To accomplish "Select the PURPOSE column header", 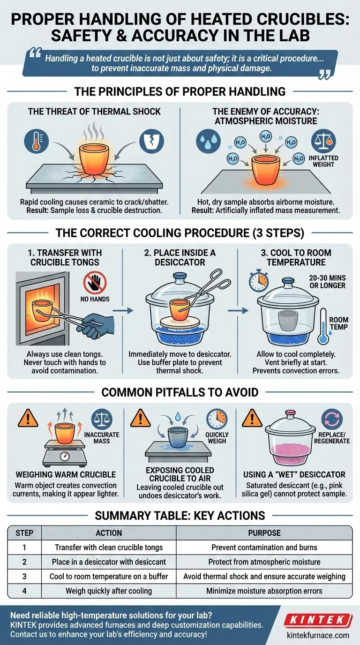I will click(265, 533).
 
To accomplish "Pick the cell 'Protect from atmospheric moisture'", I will click(265, 562).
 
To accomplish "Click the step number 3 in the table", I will click(25, 576).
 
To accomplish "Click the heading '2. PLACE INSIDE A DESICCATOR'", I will click(180, 257).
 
